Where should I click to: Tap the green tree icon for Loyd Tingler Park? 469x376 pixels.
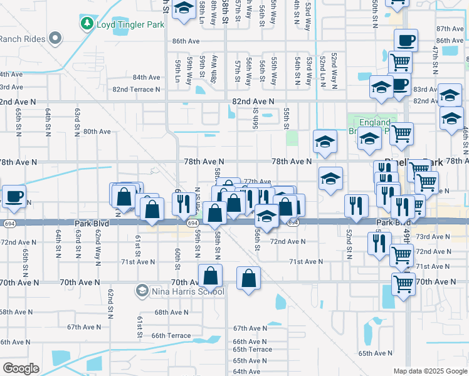(87, 24)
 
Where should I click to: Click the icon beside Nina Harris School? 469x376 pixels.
(143, 291)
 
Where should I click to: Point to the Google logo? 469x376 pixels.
(21, 368)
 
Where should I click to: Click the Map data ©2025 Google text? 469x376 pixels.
(430, 371)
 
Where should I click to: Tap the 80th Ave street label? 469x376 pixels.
(97, 132)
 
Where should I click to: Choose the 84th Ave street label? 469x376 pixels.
(147, 77)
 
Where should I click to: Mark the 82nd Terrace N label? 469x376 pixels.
(136, 89)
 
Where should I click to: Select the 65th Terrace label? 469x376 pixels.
(252, 350)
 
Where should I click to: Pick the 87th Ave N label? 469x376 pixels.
(450, 29)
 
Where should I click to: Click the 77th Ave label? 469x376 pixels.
(256, 181)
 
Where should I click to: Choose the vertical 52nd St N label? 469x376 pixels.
(349, 245)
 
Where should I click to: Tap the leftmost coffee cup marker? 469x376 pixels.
(14, 197)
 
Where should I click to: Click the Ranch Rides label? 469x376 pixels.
(22, 39)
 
